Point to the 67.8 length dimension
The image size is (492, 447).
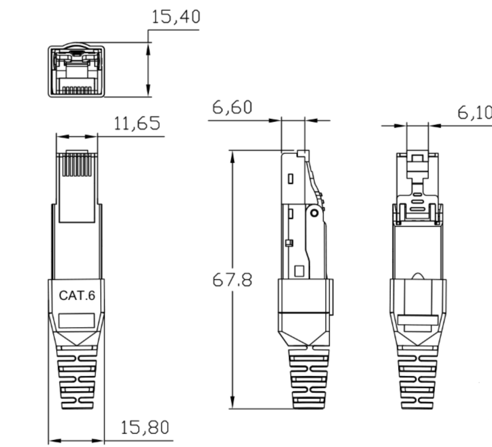click(232, 280)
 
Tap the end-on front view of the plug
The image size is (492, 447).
click(77, 71)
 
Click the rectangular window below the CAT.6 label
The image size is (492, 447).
click(77, 321)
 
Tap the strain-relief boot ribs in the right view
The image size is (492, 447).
click(417, 378)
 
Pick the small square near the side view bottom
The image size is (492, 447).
click(299, 271)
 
